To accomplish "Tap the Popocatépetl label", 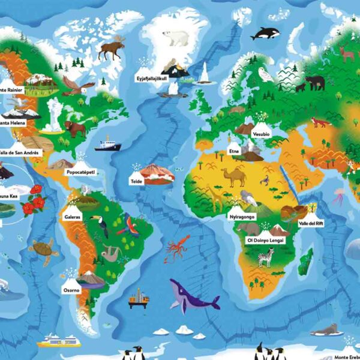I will coord(81,172).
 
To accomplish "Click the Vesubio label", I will coord(261,134).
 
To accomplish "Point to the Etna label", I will coord(234,152).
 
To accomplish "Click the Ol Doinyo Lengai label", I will coord(262,240).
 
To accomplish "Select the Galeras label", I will coord(71,217).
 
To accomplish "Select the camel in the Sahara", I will coord(233,176).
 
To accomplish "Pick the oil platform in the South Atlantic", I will coord(138,298).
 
